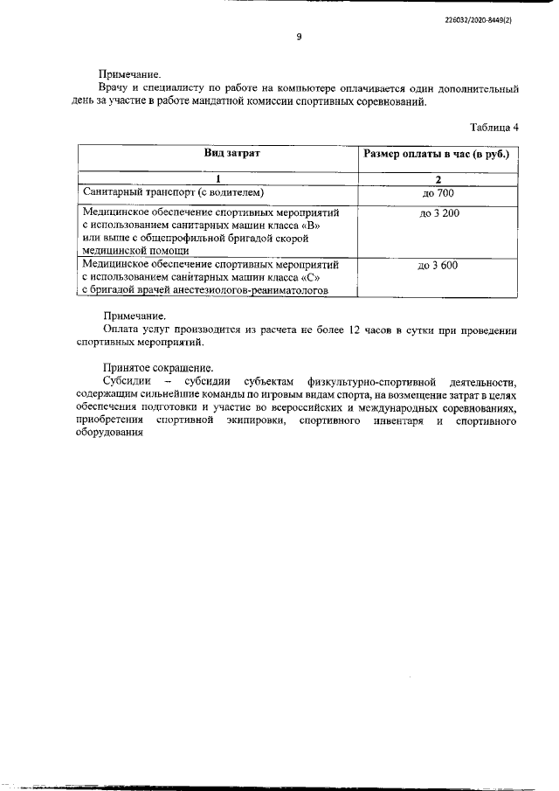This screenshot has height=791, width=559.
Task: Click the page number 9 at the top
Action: [x=299, y=37]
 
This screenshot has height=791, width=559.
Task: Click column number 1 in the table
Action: [x=220, y=178]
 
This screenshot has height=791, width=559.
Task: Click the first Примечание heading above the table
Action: [x=132, y=75]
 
